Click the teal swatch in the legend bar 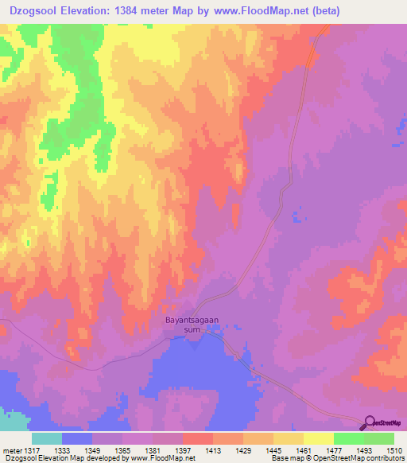(46, 438)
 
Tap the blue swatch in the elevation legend (76, 438)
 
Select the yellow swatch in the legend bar (318, 438)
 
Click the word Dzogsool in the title (29, 11)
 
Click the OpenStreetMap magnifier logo (369, 424)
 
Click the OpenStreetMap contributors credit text (350, 458)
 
